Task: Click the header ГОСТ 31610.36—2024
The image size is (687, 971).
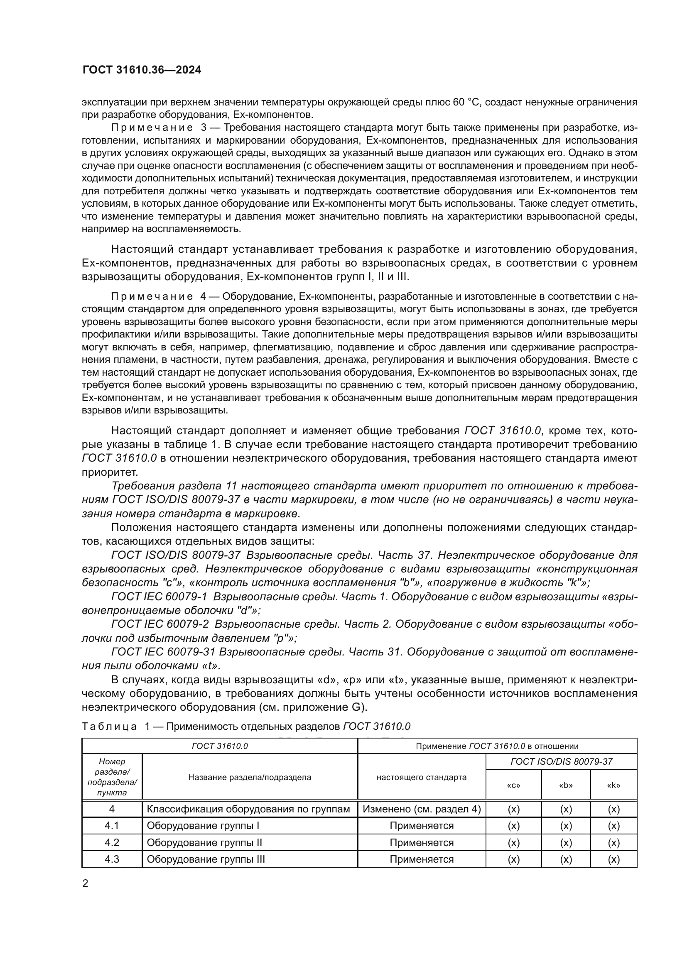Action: point(142,70)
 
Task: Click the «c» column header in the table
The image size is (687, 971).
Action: point(513,785)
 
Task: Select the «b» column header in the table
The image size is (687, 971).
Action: point(566,785)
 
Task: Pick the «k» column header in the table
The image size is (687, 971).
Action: point(613,785)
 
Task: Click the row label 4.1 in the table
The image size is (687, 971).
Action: point(112,826)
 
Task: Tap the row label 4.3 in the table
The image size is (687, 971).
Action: point(112,859)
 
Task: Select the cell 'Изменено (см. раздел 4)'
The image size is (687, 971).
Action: point(421,809)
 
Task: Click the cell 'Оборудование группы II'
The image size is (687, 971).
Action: point(204,842)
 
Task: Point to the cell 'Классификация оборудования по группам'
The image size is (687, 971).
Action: point(248,809)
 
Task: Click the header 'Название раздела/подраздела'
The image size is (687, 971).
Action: point(250,777)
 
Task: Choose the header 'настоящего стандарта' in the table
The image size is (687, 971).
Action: point(421,777)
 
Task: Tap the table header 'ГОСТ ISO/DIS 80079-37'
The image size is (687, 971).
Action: point(562,762)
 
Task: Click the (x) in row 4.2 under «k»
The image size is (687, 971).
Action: point(613,842)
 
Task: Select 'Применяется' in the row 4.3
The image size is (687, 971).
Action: point(421,859)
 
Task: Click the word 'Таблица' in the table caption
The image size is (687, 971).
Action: point(109,726)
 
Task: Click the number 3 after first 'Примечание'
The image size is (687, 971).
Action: point(204,127)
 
